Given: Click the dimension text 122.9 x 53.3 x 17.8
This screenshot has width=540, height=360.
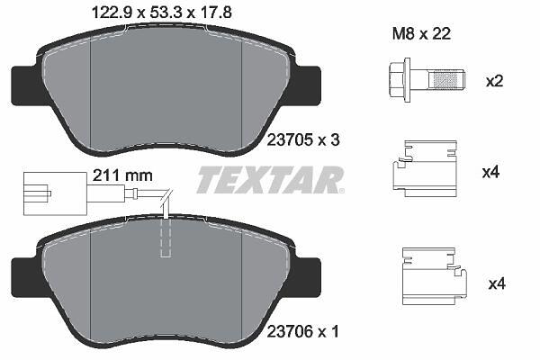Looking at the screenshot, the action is coord(161,13).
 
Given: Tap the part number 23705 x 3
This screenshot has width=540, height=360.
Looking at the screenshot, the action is coord(303,140).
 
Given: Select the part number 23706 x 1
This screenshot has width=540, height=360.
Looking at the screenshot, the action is coord(303,332).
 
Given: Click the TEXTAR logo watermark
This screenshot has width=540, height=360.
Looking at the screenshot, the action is coord(270,179).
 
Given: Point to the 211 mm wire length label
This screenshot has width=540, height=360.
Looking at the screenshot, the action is coord(122,175).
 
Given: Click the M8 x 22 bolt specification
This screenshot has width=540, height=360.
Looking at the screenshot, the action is coord(421,34).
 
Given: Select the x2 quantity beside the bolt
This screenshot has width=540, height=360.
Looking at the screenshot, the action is coord(494,81).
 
